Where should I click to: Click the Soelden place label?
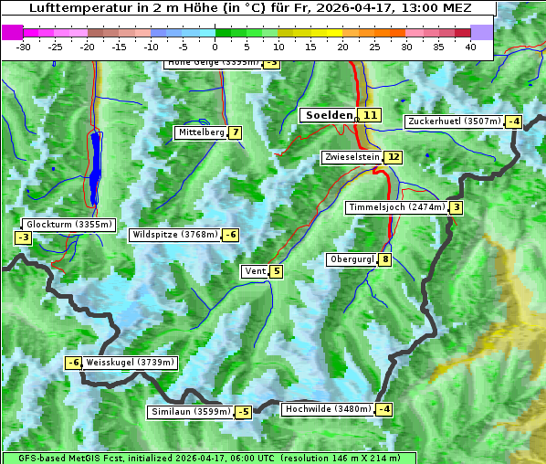point(328,115)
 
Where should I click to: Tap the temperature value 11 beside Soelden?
point(369,115)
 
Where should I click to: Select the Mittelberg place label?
point(201,132)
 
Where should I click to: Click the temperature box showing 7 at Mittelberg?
point(236,132)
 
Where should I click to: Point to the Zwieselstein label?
point(352,157)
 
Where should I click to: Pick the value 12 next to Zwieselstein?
point(393,157)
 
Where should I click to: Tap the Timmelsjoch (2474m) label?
point(396,207)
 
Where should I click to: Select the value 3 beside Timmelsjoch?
point(456,207)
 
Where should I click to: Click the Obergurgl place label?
point(352,259)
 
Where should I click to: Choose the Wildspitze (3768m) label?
point(174,235)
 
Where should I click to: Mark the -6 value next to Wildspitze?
point(231,235)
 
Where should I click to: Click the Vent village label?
point(255,271)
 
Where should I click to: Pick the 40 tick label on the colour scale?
point(470,47)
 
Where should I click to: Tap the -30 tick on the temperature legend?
point(24,47)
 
